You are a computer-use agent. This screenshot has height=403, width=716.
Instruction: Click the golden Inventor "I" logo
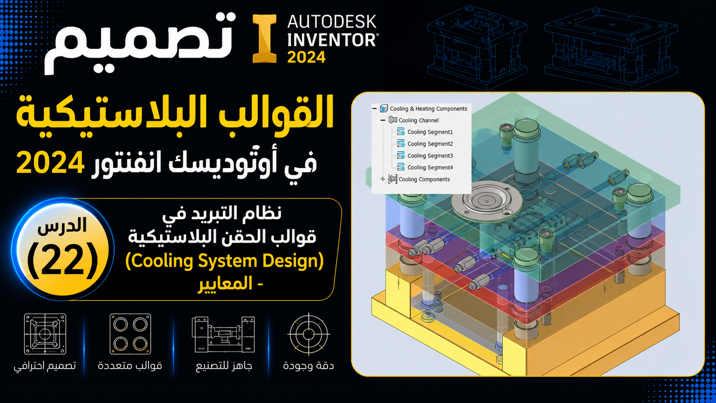pos(265,39)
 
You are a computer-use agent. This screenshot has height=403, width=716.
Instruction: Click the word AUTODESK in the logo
pos(332,22)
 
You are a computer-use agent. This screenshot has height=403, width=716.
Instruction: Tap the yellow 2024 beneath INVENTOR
pos(306,57)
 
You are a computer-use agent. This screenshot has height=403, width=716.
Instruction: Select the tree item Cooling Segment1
pos(430,132)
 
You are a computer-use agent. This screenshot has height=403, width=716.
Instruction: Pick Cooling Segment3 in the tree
pos(430,156)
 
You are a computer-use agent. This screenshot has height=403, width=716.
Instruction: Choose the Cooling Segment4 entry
pos(430,167)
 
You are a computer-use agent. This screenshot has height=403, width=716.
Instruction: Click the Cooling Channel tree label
pos(418,120)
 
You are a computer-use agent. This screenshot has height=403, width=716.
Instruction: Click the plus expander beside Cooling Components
pos(382,179)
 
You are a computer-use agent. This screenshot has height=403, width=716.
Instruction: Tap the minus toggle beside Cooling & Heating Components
pos(374,108)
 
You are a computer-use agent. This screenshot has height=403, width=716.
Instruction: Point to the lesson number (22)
pos(63,260)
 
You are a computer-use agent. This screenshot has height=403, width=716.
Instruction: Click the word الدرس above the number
pos(62,226)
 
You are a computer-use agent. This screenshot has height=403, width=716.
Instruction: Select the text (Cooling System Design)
pos(224,261)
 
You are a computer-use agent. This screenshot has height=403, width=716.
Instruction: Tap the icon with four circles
pos(130,334)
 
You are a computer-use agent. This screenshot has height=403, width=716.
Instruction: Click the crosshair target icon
pos(308,334)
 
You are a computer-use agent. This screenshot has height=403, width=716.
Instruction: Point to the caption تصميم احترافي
pos(45,366)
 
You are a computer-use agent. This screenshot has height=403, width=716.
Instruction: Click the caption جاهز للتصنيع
pos(224,366)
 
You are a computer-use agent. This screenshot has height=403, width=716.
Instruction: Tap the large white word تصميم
pos(140,43)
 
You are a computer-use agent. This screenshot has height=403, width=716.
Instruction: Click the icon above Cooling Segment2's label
pos(401,132)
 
